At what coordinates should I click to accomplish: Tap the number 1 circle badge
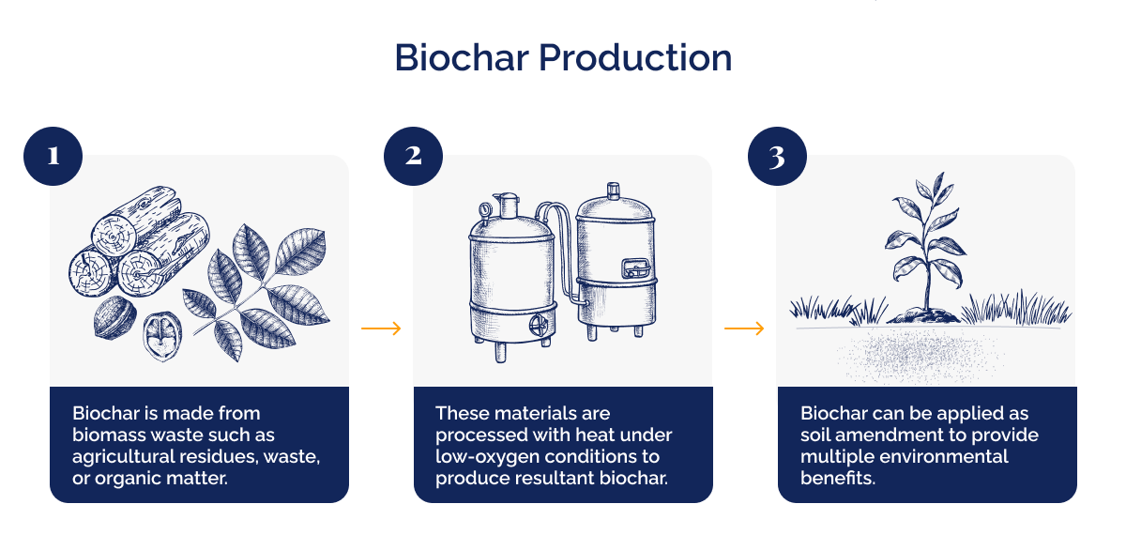53,156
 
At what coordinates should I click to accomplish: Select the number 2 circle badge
414,156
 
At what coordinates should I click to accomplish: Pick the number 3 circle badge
777,156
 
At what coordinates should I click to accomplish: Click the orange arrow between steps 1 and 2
381,328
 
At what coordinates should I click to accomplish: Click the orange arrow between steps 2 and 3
744,328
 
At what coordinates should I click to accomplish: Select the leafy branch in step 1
258,282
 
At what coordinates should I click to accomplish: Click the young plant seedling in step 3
921,249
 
